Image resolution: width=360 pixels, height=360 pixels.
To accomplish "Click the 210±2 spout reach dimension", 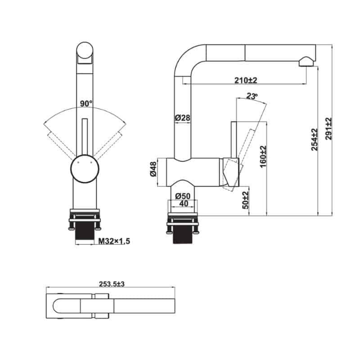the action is pos(246,81).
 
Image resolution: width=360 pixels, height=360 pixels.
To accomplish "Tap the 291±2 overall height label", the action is pos(328,129).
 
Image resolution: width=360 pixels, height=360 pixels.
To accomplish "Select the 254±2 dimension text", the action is pos(314,139).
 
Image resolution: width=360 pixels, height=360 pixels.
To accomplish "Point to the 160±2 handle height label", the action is pos(263,157).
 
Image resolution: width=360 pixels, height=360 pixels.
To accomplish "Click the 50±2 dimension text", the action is pos(245,200).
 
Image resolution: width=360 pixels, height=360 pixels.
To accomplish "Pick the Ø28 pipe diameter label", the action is pos(183,118).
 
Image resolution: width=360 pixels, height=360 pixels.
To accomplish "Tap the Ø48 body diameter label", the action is pos(153,169).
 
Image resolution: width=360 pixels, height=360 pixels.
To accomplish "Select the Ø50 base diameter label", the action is pos(183,196).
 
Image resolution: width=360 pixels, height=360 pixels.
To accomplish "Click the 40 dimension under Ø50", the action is pos(184,203).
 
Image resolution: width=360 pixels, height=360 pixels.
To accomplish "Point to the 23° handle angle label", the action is pos(252,96).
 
